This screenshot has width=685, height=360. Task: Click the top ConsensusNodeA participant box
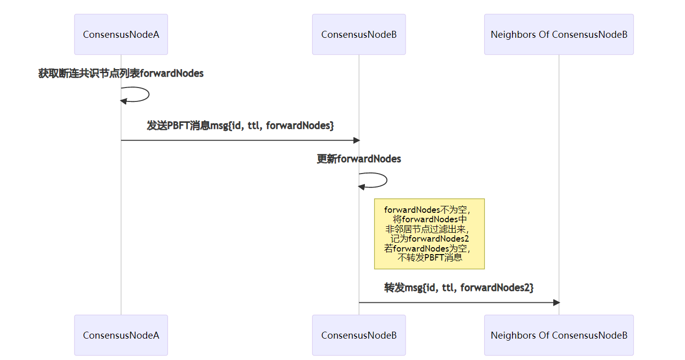click(x=121, y=34)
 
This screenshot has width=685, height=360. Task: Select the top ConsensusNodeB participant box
click(x=359, y=34)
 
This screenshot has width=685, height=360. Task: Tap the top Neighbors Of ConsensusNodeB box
click(x=559, y=34)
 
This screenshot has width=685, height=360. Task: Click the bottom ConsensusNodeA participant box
click(x=121, y=335)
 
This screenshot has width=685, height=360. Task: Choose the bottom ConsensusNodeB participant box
click(x=359, y=335)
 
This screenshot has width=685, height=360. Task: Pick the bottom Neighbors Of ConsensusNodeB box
click(x=559, y=335)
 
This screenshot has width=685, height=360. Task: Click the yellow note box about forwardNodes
click(x=429, y=234)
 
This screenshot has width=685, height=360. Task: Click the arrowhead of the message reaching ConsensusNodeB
click(x=356, y=140)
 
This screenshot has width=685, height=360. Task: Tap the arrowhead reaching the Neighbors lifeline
click(x=556, y=302)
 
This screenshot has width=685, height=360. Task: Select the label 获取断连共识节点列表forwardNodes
click(x=121, y=74)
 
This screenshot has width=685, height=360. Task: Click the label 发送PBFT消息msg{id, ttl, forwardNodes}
click(x=240, y=125)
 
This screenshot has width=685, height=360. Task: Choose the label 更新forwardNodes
click(x=359, y=159)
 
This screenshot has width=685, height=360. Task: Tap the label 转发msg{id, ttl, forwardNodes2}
click(x=459, y=287)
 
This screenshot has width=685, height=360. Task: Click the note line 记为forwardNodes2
click(x=429, y=239)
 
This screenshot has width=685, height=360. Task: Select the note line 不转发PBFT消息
click(x=429, y=258)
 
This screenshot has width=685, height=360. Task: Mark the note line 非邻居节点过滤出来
click(x=428, y=229)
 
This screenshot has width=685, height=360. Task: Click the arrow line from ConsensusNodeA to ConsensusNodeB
click(x=239, y=140)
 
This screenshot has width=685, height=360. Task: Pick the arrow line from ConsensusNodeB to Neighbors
click(x=457, y=302)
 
